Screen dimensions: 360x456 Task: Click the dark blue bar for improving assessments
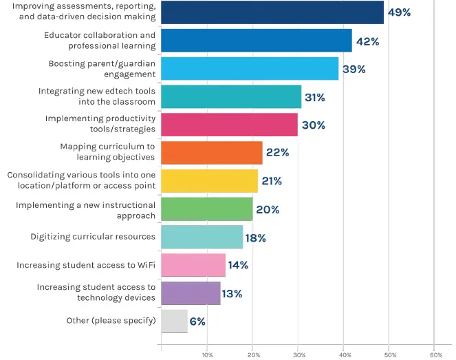click(272, 12)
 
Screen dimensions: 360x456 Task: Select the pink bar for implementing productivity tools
click(229, 125)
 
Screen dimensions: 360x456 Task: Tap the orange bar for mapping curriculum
click(211, 153)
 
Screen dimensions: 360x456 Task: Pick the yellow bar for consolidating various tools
click(209, 181)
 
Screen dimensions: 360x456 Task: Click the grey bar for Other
click(174, 321)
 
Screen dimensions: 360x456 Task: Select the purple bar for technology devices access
click(191, 293)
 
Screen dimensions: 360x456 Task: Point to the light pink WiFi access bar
click(193, 265)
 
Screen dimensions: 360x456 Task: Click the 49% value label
click(399, 12)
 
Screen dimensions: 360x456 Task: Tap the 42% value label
click(367, 41)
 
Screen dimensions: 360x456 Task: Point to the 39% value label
click(354, 69)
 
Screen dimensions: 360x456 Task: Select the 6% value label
click(197, 321)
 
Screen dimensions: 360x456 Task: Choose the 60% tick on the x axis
click(435, 355)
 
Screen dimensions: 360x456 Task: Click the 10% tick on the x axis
click(207, 355)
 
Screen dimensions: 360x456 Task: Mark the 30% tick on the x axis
click(298, 355)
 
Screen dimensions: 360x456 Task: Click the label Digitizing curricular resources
click(93, 237)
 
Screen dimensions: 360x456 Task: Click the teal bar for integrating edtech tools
click(231, 97)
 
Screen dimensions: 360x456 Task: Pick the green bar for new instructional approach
click(206, 209)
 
